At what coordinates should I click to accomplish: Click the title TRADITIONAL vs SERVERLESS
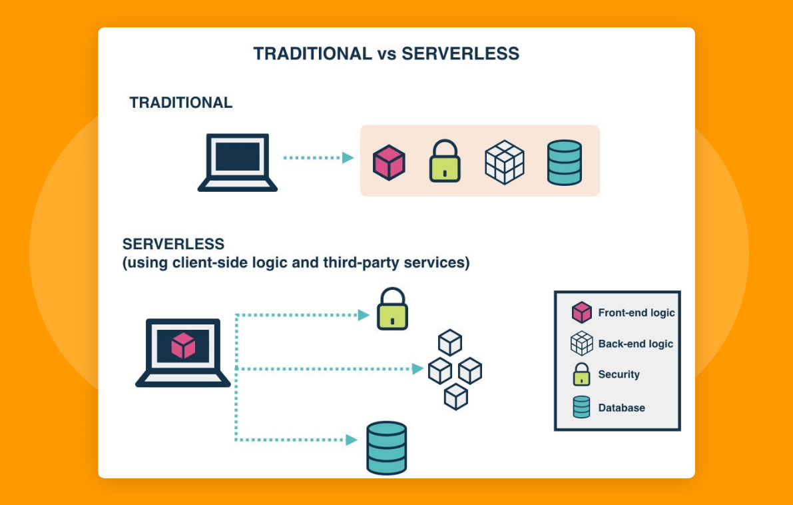pos(386,54)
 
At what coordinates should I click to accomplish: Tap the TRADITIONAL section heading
pos(181,103)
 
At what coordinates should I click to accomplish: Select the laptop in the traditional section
pos(238,162)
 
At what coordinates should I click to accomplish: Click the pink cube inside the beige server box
pos(389,163)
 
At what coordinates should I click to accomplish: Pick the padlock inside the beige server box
pos(445,162)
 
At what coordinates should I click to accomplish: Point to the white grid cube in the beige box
pos(504,162)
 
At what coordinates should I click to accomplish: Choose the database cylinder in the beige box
pos(564,162)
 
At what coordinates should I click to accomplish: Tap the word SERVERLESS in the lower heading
pos(174,244)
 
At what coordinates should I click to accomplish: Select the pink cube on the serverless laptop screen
pos(183,345)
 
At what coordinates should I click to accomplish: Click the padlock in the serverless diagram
pos(392,309)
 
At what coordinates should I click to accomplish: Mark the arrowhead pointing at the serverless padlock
pos(364,315)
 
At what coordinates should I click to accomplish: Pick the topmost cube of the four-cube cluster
pos(450,342)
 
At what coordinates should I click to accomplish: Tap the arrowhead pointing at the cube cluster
pos(418,368)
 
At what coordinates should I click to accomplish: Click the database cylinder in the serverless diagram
pos(386,448)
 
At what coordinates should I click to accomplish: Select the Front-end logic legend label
pos(636,312)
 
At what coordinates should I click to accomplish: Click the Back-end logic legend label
pos(635,344)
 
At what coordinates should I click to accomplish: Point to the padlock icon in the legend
pos(581,374)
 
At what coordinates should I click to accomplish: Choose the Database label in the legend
pos(621,408)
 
